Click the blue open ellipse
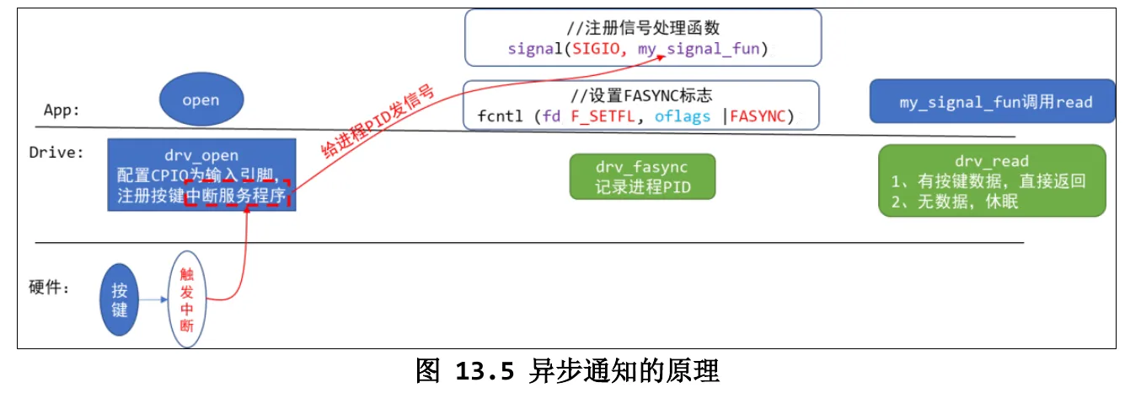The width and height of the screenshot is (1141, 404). (x=201, y=99)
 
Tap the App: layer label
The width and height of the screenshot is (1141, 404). (x=62, y=110)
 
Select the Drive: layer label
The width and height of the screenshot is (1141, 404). (x=56, y=153)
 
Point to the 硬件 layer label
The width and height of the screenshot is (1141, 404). (x=48, y=288)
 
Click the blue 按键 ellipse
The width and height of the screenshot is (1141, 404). (x=119, y=299)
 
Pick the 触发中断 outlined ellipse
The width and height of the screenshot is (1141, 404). (x=187, y=299)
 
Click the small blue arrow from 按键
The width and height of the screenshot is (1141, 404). (x=153, y=299)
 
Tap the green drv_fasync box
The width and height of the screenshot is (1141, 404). (x=642, y=176)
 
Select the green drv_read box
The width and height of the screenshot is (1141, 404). (x=992, y=180)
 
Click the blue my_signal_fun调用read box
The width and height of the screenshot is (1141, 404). (x=992, y=101)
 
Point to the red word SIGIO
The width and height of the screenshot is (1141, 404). (x=596, y=48)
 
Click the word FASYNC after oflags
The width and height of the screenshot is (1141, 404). (x=758, y=116)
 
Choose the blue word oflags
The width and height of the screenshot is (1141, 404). (x=682, y=116)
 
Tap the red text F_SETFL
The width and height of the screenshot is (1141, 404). (x=603, y=116)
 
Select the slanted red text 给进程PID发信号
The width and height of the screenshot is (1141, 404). (x=378, y=121)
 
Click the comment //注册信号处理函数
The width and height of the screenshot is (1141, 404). (x=643, y=28)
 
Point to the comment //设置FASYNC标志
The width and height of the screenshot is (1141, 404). (x=641, y=95)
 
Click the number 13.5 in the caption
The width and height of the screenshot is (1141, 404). (x=485, y=371)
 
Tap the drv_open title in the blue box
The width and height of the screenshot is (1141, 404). (x=201, y=155)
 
